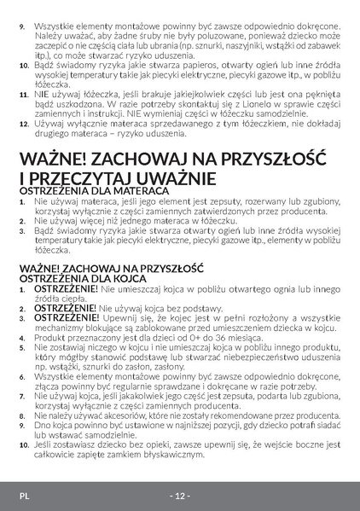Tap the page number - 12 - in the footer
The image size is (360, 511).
pos(179,496)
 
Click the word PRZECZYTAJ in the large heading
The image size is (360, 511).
pos(81,177)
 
